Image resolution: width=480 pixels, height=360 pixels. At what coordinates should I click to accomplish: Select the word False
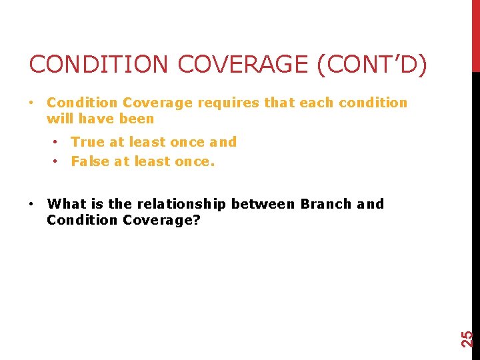pos(90,161)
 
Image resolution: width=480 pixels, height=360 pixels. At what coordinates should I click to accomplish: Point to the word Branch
pos(326,204)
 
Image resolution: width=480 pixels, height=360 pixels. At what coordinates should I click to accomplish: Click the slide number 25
pos(469,339)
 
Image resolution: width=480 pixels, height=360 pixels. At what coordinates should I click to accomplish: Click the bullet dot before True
pos(58,142)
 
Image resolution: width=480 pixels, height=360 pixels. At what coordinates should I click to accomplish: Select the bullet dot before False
pos(58,161)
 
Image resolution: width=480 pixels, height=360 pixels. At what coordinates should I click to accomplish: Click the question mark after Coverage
pos(197,220)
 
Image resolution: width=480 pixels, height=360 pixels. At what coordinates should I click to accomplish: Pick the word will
pos(59,119)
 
